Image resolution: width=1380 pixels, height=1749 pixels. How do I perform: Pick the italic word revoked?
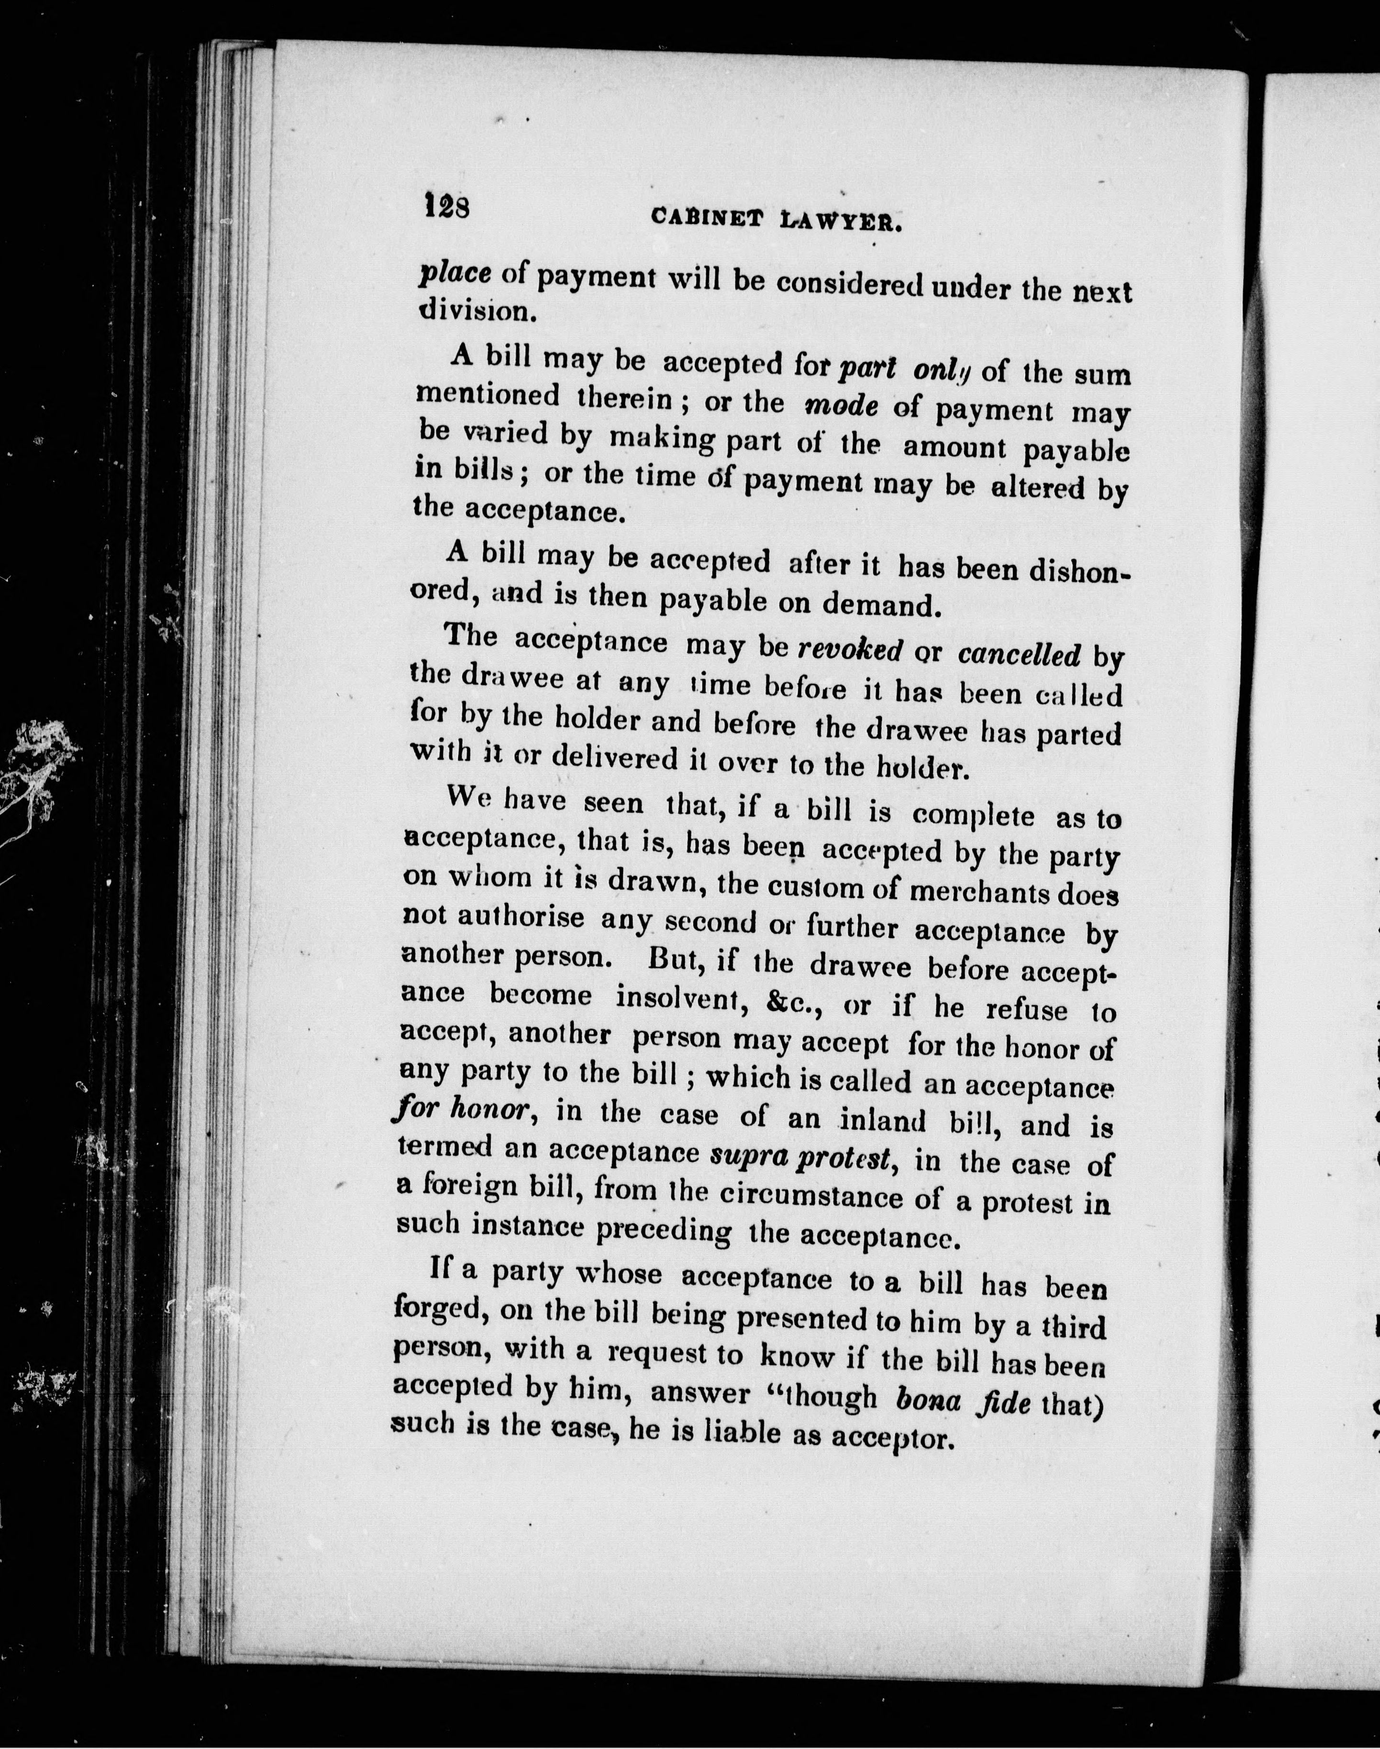pyautogui.click(x=850, y=649)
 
